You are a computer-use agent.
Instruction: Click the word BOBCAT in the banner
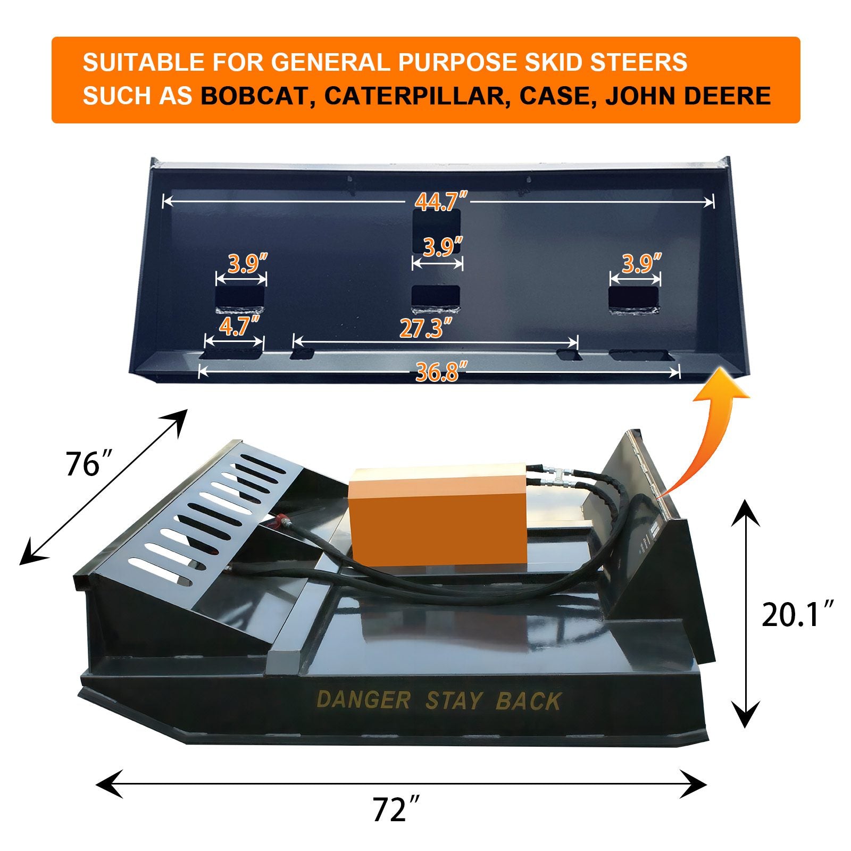[x=255, y=96]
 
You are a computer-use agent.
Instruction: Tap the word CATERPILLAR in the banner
[x=414, y=96]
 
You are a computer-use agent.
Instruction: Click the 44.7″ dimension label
[x=441, y=202]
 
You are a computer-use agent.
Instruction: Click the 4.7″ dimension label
[x=239, y=326]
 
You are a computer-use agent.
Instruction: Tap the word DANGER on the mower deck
[x=363, y=700]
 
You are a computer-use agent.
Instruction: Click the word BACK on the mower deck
[x=528, y=702]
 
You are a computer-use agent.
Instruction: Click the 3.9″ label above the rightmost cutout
[x=641, y=263]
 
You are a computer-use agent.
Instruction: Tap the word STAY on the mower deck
[x=453, y=701]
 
